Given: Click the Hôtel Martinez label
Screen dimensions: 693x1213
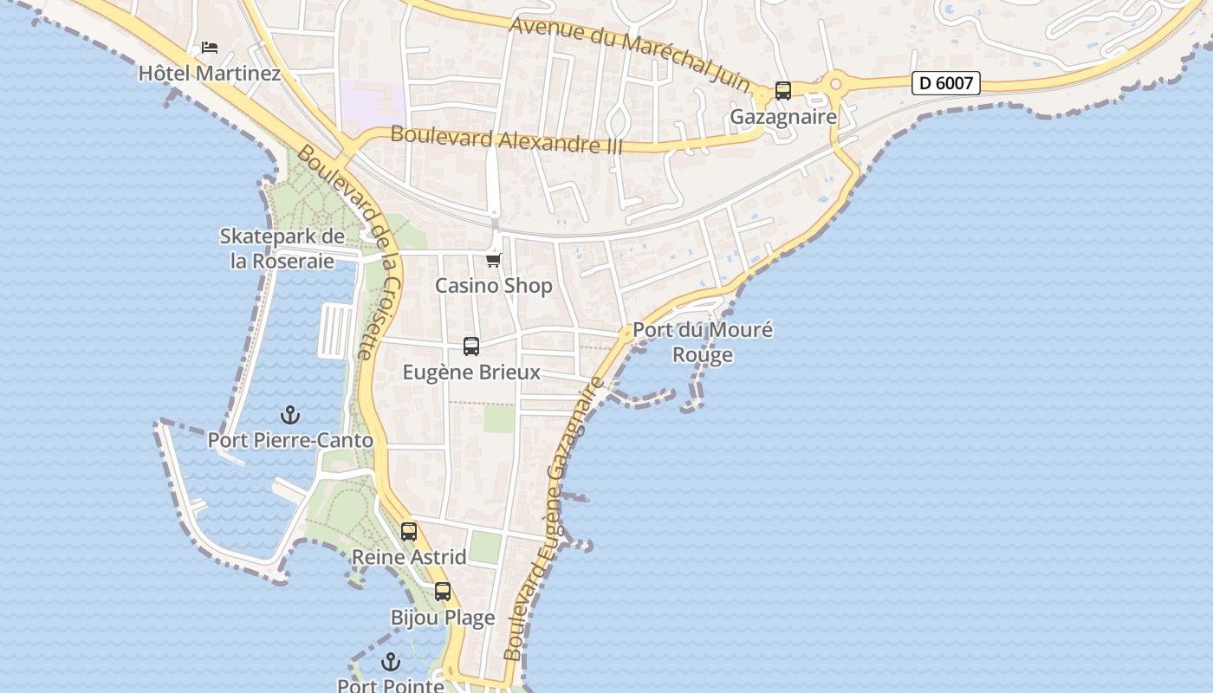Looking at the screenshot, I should pyautogui.click(x=210, y=73).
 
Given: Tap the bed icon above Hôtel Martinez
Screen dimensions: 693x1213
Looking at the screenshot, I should pyautogui.click(x=210, y=47).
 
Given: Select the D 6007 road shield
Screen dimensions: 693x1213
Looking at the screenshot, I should pyautogui.click(x=946, y=83).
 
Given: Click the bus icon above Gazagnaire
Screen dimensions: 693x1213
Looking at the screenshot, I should pyautogui.click(x=783, y=90).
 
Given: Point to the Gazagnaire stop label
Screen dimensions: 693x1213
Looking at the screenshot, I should pyautogui.click(x=783, y=116).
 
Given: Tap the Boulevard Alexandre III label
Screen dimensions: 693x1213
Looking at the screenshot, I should pyautogui.click(x=507, y=139).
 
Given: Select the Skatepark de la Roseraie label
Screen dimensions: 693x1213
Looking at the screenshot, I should pyautogui.click(x=282, y=249).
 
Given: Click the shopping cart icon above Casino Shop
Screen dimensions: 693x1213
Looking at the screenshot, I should pyautogui.click(x=494, y=260).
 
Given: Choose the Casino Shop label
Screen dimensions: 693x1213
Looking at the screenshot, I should pyautogui.click(x=494, y=286).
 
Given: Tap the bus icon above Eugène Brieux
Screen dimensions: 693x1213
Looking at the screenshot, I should pyautogui.click(x=471, y=346).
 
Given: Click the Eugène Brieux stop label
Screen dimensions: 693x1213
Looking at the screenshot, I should pyautogui.click(x=471, y=372).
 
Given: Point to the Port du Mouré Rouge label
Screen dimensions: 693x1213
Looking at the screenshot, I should pyautogui.click(x=703, y=342).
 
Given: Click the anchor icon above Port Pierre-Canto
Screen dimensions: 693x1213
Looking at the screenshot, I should pyautogui.click(x=290, y=415).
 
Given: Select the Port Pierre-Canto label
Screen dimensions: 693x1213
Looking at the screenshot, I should pyautogui.click(x=290, y=440).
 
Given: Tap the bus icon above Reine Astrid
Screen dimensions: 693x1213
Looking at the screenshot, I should pyautogui.click(x=409, y=531).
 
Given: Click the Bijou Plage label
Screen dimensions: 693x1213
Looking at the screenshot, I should pyautogui.click(x=443, y=618).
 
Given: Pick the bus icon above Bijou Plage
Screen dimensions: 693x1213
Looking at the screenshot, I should pyautogui.click(x=443, y=592).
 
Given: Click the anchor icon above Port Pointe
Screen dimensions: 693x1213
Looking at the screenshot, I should pyautogui.click(x=391, y=662).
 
